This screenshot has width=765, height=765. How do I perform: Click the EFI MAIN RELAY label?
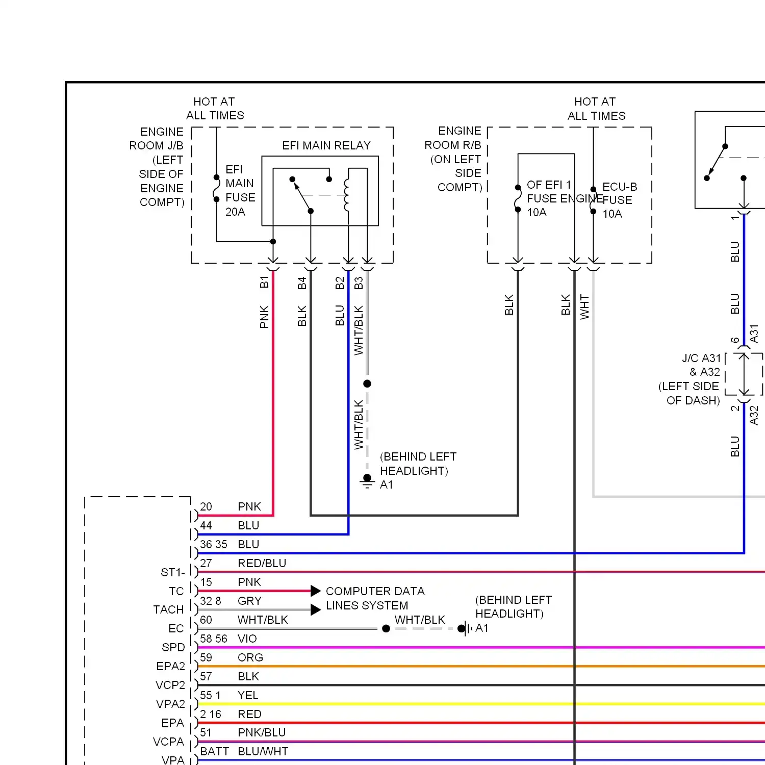tap(326, 145)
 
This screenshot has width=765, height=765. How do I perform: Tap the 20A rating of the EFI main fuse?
tap(235, 212)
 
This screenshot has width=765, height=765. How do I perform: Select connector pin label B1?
tap(264, 282)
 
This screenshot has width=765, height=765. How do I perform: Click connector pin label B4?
tap(302, 283)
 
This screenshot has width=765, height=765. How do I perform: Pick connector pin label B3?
tap(359, 283)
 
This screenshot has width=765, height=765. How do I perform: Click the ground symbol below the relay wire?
tap(367, 481)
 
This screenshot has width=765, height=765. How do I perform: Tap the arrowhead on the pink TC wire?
tap(316, 591)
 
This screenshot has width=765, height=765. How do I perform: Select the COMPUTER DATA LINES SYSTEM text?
tap(375, 598)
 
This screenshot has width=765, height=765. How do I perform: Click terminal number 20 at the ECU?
tap(206, 506)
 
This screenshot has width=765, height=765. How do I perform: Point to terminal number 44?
tap(206, 525)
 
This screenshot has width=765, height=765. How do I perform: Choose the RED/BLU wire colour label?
tap(262, 563)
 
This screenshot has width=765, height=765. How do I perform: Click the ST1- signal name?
tap(173, 572)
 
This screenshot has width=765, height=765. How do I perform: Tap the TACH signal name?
tap(168, 609)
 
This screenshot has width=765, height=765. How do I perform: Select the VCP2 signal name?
tap(170, 685)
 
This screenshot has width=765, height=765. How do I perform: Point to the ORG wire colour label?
tap(250, 657)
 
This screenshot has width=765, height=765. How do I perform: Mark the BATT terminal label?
tap(214, 751)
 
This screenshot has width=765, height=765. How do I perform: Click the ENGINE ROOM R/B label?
tap(453, 138)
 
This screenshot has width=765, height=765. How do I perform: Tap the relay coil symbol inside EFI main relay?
tap(347, 194)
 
